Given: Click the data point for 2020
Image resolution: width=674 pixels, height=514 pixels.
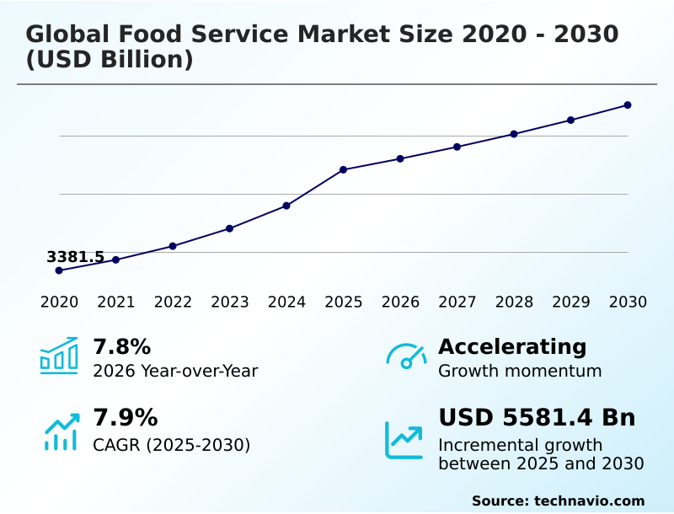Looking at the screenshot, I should [59, 270].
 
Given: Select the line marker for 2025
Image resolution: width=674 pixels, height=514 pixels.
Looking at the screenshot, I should [343, 169].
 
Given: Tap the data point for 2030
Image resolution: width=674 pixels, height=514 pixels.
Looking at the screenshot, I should [628, 105].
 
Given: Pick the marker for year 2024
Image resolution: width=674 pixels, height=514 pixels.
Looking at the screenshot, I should [286, 206].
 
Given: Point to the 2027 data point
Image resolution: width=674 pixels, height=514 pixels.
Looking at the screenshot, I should [457, 147].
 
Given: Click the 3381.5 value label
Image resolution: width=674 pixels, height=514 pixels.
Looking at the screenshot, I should [76, 257].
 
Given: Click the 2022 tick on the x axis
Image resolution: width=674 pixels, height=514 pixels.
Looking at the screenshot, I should [173, 303].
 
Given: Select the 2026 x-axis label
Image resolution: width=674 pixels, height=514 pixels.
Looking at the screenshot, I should [400, 303].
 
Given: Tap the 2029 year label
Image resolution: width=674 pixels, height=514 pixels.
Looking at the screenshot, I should [571, 303].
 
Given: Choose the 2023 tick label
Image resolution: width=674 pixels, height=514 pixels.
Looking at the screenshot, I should [229, 303].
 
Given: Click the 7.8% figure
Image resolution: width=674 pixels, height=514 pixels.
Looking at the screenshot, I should [121, 347].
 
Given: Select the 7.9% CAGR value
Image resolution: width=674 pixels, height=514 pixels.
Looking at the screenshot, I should [125, 418].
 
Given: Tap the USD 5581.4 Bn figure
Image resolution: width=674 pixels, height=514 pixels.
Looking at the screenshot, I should [537, 418].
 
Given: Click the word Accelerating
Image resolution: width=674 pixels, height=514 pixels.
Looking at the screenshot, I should [512, 347].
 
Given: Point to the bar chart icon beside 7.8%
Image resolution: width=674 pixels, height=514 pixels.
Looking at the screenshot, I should [59, 356].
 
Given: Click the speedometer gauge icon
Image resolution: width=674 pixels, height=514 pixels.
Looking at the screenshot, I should [406, 356].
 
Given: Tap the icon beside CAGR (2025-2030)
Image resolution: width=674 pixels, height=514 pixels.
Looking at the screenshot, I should [61, 431].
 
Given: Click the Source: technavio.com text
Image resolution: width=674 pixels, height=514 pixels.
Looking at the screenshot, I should [558, 501].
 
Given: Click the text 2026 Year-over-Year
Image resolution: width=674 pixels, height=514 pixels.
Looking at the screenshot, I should [175, 371].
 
